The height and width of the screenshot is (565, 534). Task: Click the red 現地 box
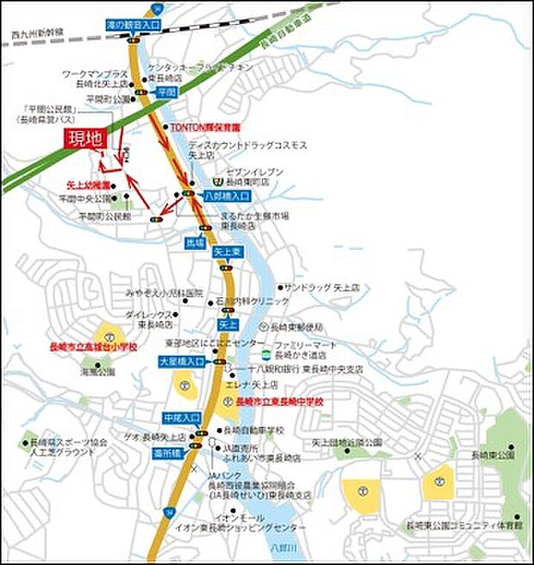pyautogui.click(x=90, y=137)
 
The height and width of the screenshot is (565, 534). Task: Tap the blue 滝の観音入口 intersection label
pyautogui.click(x=133, y=27)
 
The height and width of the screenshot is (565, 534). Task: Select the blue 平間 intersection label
pyautogui.click(x=167, y=90)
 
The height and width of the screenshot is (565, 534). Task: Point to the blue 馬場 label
pyautogui.click(x=196, y=244)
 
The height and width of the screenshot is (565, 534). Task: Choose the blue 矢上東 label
pyautogui.click(x=230, y=252)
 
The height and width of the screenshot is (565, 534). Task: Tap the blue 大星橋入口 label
pyautogui.click(x=180, y=363)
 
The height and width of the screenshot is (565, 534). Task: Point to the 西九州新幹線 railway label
pyautogui.click(x=32, y=35)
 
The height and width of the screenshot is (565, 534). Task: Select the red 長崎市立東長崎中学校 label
pyautogui.click(x=274, y=402)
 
